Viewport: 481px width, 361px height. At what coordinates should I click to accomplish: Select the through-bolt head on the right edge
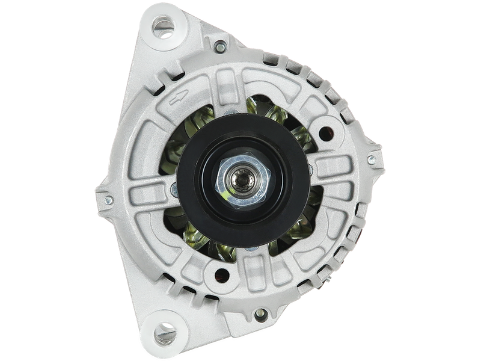[x=371, y=160]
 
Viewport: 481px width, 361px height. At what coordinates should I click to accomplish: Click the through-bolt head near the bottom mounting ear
[x=260, y=313]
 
